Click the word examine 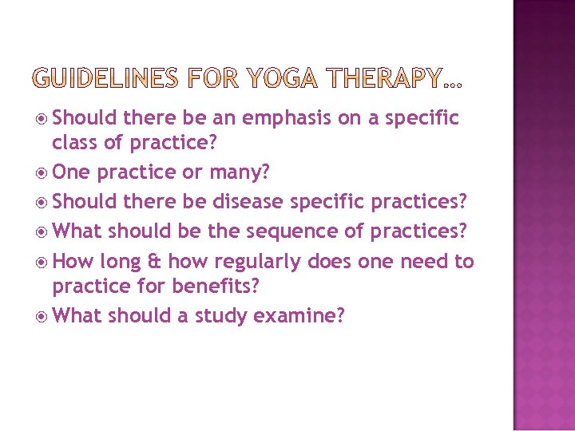299,316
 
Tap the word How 74,261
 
